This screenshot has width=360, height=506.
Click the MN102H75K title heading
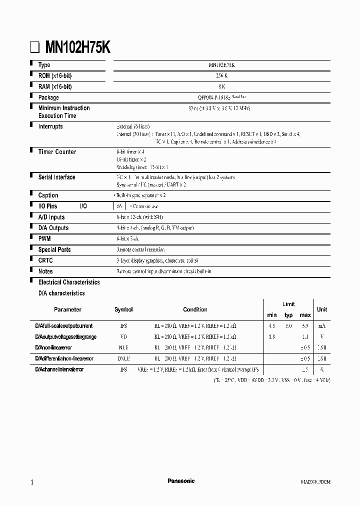click(77, 47)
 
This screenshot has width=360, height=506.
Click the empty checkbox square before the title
click(33, 48)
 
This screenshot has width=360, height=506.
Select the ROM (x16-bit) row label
click(55, 76)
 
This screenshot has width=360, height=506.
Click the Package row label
click(48, 97)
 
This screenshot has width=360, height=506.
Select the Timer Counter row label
click(57, 152)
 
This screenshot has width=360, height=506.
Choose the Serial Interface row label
click(56, 177)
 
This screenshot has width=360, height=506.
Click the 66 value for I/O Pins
click(119, 206)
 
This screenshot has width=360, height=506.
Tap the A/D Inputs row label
click(51, 217)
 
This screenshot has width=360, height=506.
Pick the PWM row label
click(44, 239)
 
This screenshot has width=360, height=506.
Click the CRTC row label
click(45, 260)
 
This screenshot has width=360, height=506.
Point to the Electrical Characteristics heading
click(69, 282)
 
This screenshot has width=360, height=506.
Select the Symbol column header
click(123, 309)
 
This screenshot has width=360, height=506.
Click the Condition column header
click(195, 309)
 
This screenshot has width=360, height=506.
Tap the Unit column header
click(322, 309)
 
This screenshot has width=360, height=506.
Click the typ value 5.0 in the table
click(288, 325)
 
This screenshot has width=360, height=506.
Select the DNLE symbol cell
click(123, 358)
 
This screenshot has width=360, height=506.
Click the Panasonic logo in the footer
click(180, 481)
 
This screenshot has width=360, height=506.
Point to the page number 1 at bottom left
click(32, 482)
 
